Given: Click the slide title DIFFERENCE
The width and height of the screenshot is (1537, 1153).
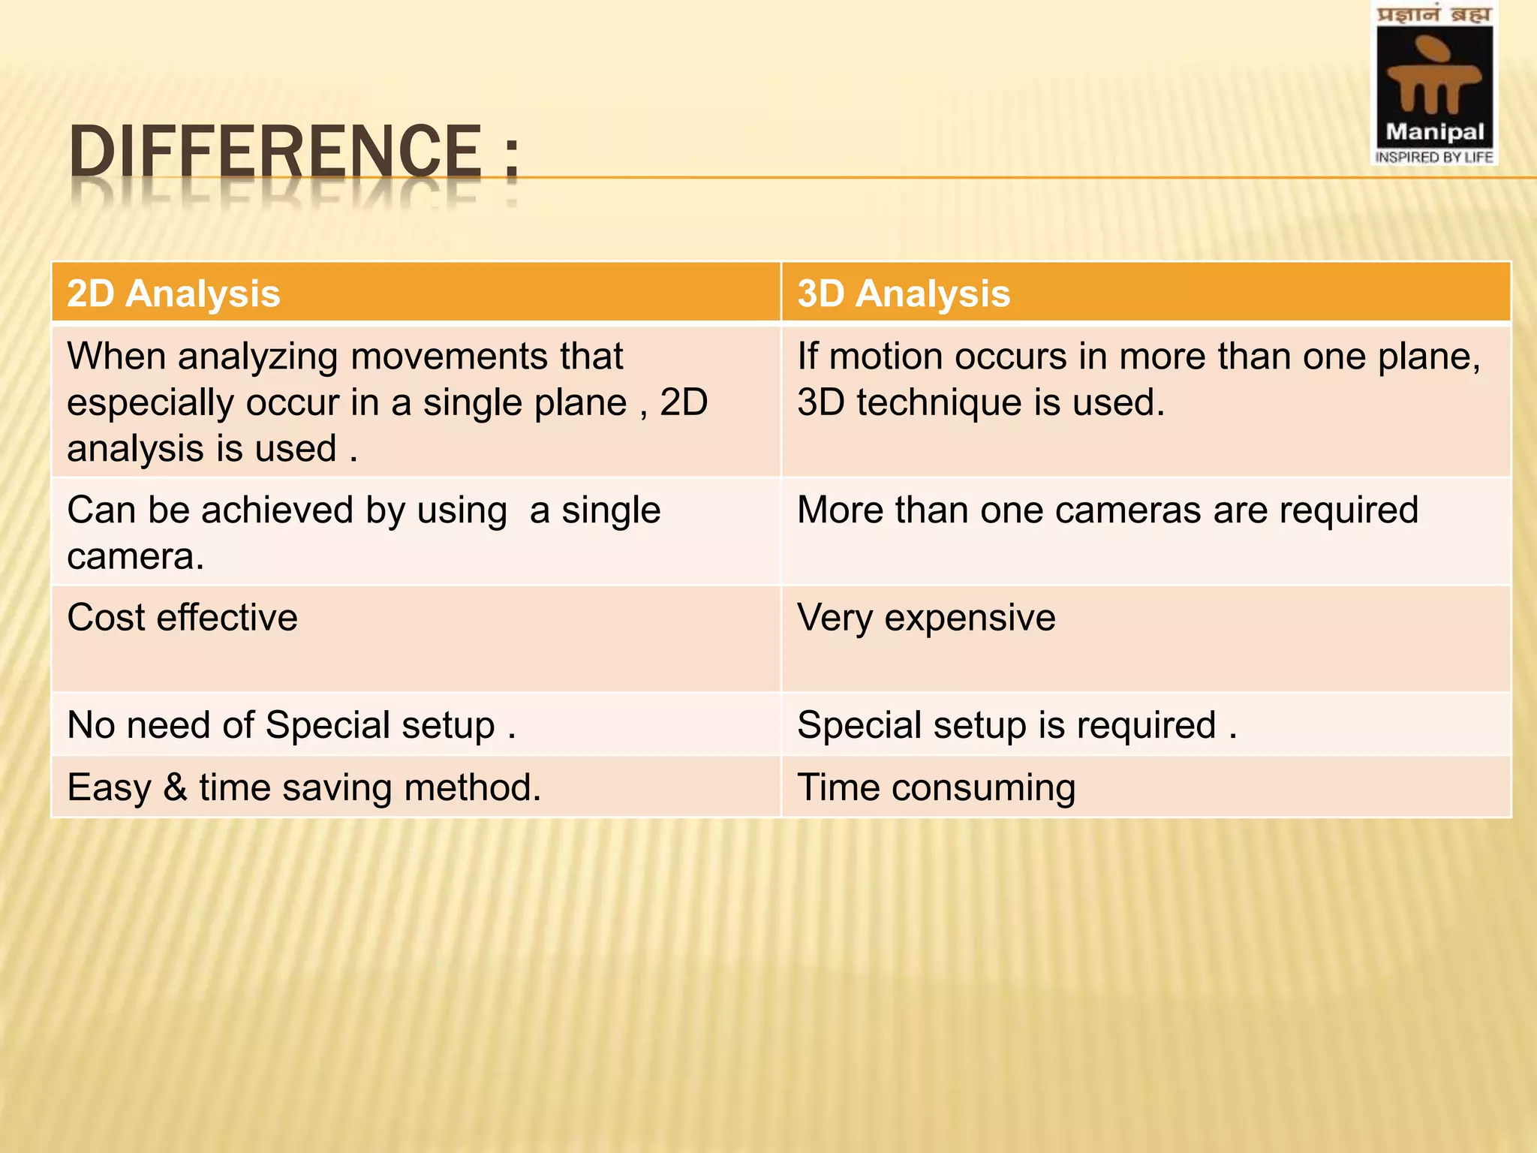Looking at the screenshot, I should [275, 152].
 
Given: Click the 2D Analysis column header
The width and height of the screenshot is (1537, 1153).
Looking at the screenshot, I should [173, 294].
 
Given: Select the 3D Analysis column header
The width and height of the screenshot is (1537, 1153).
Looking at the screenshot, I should [904, 294].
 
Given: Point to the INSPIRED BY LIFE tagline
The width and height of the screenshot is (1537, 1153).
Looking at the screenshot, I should [1434, 158].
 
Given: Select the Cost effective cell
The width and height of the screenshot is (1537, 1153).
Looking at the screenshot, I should [182, 618].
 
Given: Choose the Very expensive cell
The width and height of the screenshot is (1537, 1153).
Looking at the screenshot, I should [926, 618].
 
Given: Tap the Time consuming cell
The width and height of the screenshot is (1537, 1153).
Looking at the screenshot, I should [936, 787].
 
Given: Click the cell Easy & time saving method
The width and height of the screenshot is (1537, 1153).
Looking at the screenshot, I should [304, 787].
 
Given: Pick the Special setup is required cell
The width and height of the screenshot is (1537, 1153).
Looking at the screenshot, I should [1016, 725].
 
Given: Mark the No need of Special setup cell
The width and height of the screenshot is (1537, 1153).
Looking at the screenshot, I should [291, 725].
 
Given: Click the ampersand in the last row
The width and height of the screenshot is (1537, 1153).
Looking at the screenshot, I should [175, 787].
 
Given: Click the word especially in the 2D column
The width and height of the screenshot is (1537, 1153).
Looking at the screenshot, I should [150, 403].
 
